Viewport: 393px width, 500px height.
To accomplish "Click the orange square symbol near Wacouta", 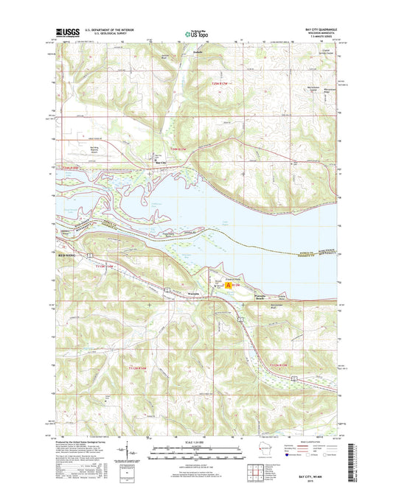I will click(229, 284).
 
